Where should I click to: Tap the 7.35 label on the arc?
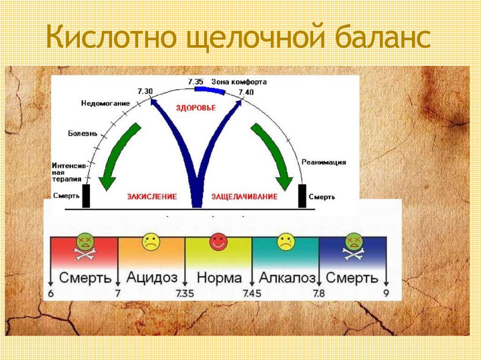pyautogui.click(x=195, y=82)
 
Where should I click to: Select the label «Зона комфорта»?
pyautogui.click(x=239, y=82)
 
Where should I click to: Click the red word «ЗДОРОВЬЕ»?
pyautogui.click(x=196, y=108)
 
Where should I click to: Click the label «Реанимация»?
pyautogui.click(x=324, y=162)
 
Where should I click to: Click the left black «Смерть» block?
pyautogui.click(x=86, y=196)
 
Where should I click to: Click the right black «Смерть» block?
pyautogui.click(x=302, y=196)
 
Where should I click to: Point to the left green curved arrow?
pyautogui.click(x=119, y=155)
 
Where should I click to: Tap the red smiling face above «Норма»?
pyautogui.click(x=218, y=241)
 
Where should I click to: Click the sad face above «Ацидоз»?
pyautogui.click(x=151, y=241)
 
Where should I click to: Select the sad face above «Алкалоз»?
pyautogui.click(x=285, y=241)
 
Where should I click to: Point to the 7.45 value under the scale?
pyautogui.click(x=252, y=294)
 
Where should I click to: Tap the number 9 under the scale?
pyautogui.click(x=387, y=294)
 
